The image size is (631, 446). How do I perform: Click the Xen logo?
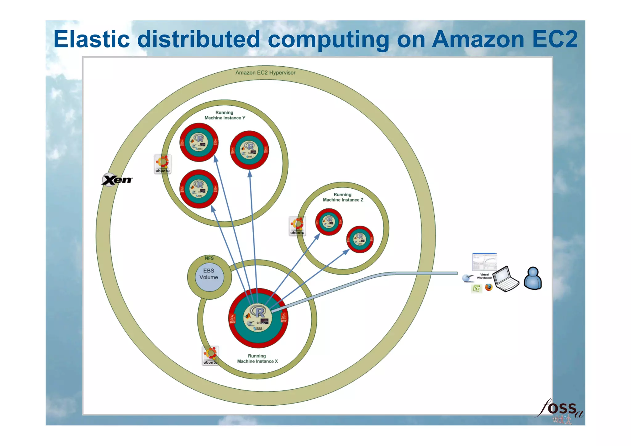[x=117, y=180]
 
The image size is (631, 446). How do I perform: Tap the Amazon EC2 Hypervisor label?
[x=265, y=73]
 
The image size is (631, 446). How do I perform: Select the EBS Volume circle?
[x=209, y=277]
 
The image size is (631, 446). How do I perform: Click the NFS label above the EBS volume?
[x=209, y=258]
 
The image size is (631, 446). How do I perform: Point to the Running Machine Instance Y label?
[x=225, y=115]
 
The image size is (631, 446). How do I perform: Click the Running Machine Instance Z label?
[x=343, y=197]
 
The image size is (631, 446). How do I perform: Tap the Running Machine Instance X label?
[x=257, y=358]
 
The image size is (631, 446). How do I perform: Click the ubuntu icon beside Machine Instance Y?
[x=163, y=164]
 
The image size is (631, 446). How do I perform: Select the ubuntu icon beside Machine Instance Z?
[x=297, y=226]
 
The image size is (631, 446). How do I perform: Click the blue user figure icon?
[x=533, y=278]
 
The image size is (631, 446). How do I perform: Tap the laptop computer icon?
[x=506, y=279]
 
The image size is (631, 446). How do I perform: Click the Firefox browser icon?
[x=489, y=287]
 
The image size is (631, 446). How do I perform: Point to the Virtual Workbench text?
[x=484, y=276]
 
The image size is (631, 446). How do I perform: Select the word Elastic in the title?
[x=92, y=39]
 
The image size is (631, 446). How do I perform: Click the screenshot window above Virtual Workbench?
[x=484, y=262]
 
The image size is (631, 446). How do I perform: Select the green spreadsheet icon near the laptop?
[x=477, y=289]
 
